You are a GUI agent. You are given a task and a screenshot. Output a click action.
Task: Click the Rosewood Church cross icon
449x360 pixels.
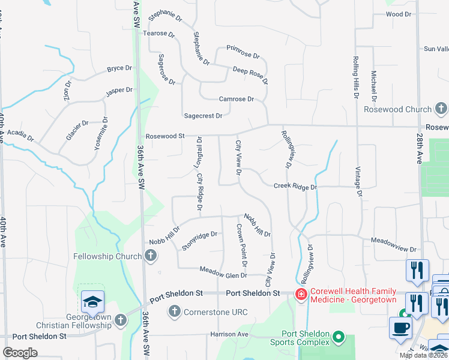(441, 109)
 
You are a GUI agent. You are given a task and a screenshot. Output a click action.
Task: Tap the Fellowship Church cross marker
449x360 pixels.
(150, 256)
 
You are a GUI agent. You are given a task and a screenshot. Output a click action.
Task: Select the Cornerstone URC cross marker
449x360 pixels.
(174, 311)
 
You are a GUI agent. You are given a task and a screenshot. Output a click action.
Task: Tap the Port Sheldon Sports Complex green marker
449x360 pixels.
(340, 338)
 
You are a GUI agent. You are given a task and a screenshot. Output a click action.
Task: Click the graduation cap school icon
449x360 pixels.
(93, 301)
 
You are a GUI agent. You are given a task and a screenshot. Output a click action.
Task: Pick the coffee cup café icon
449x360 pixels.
(401, 328)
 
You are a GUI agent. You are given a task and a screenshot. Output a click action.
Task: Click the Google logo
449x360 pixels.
(20, 352)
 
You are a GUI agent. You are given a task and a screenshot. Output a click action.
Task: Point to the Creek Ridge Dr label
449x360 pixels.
(295, 187)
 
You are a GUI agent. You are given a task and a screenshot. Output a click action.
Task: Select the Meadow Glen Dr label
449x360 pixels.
(223, 272)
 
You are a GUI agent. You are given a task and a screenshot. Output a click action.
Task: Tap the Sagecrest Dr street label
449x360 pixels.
(203, 116)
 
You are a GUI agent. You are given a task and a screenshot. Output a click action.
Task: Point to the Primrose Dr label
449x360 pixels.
(243, 52)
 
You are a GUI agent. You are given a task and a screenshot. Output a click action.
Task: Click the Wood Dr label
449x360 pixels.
(399, 14)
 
